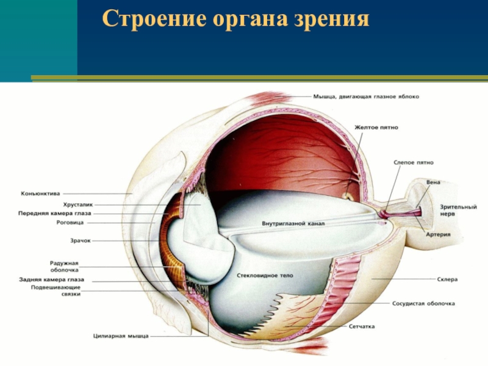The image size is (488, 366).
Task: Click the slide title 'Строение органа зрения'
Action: tap(235, 20)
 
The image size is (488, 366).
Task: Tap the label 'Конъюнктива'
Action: tap(40, 193)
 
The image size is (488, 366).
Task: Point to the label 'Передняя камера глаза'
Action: tap(56, 213)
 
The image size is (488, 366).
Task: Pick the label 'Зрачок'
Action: tap(81, 241)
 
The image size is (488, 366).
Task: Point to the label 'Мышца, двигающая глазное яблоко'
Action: tap(365, 96)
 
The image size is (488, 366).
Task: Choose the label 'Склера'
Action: tap(447, 279)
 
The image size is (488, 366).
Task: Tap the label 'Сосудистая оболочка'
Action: tap(422, 303)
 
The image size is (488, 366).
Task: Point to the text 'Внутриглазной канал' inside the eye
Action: tap(293, 223)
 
